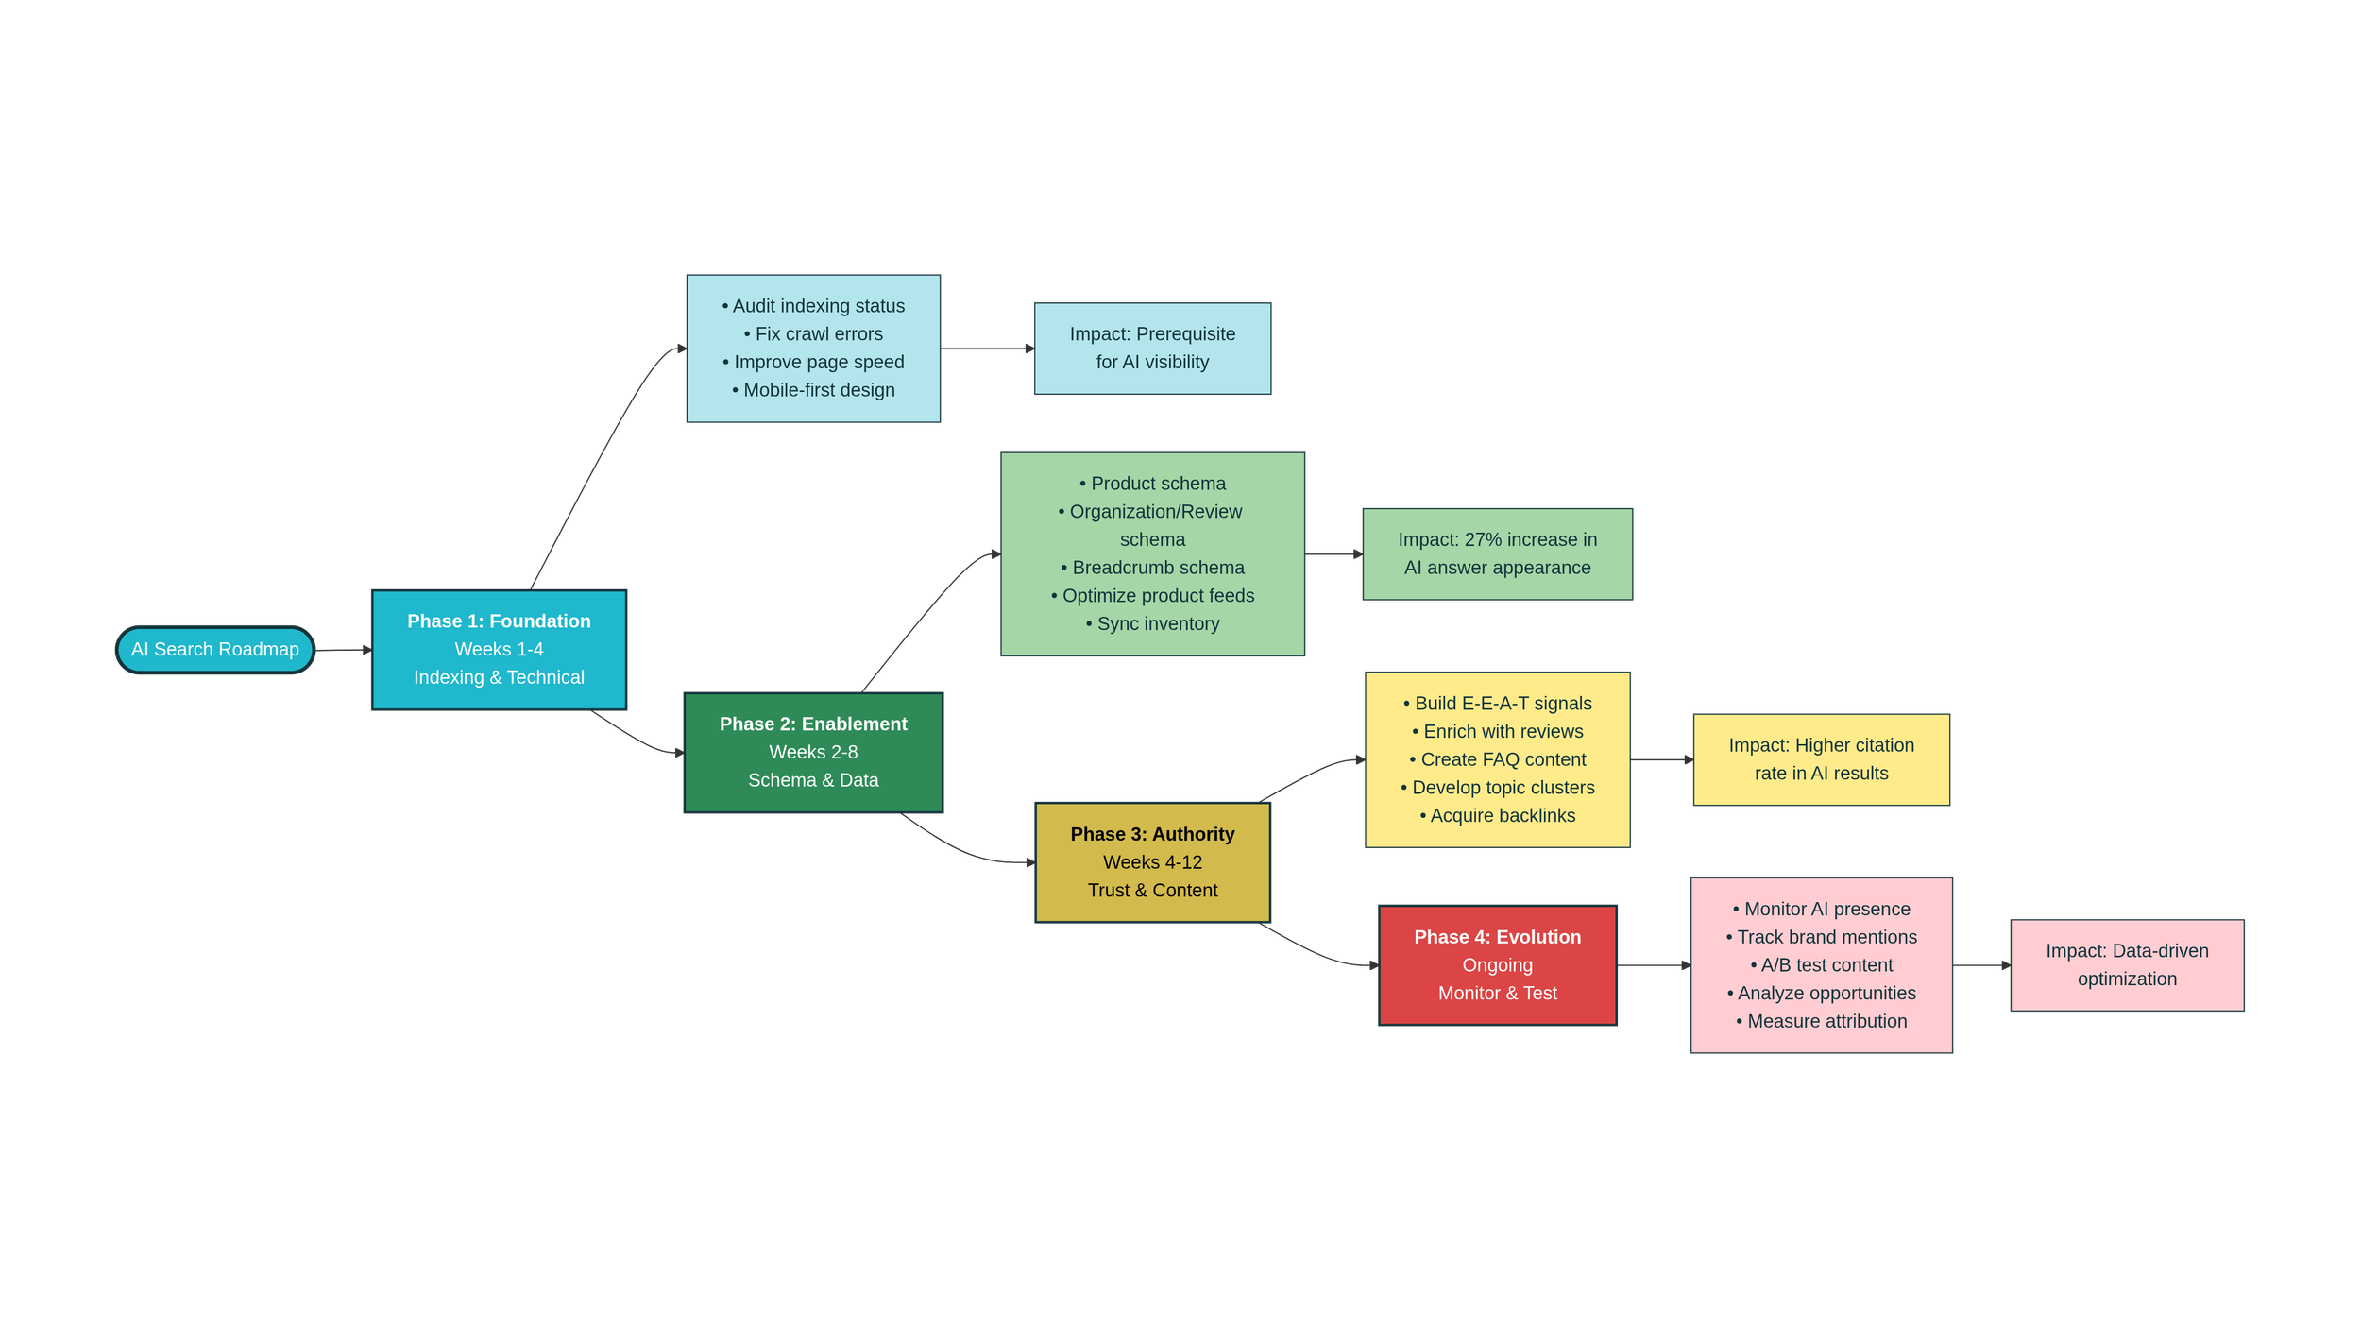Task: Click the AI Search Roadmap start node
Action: coord(215,650)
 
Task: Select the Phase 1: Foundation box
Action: coord(499,650)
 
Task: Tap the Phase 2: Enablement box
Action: coord(813,753)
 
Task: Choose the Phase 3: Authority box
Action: coord(1152,862)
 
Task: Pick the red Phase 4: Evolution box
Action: coord(1497,965)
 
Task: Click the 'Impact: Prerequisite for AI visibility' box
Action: coord(1152,349)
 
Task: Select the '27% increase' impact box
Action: coord(1497,554)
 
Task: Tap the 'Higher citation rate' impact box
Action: coord(1821,759)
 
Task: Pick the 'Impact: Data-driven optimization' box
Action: coord(2127,965)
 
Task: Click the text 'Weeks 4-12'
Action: coord(1152,862)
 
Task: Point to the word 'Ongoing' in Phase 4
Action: coord(1497,965)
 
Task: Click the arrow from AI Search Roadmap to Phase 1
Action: coord(343,650)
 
